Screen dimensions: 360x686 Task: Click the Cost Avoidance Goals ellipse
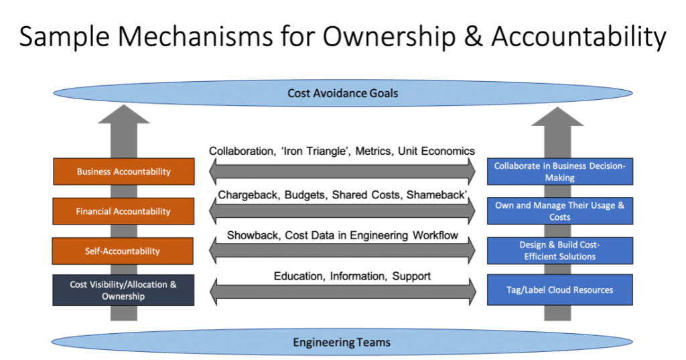click(x=342, y=94)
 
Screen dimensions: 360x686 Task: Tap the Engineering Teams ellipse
click(x=342, y=343)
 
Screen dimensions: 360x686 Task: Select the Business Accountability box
click(x=124, y=172)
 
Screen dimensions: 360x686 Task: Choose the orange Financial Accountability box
click(x=124, y=211)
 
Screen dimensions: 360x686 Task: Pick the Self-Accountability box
click(x=123, y=251)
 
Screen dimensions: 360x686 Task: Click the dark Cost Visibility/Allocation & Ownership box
click(x=123, y=290)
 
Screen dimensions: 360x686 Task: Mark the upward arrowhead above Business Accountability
click(x=124, y=116)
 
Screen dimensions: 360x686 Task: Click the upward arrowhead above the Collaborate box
click(x=558, y=116)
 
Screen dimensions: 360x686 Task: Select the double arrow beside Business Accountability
click(x=342, y=172)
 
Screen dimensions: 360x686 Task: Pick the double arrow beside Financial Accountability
click(x=342, y=211)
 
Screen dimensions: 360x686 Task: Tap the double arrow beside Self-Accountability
click(x=342, y=251)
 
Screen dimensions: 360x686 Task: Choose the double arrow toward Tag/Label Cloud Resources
click(x=342, y=291)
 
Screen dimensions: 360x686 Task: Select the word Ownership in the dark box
click(x=123, y=296)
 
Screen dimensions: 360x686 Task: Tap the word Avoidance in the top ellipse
click(x=338, y=94)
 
